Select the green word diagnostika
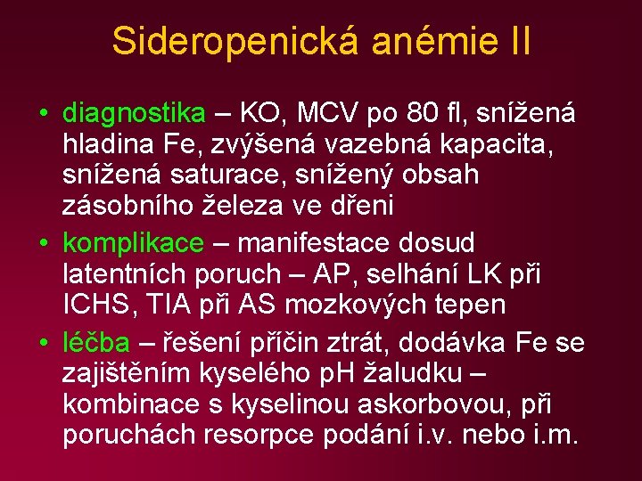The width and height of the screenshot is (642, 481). (134, 113)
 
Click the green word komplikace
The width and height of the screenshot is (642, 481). (133, 242)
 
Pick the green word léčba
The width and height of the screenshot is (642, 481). (96, 343)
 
